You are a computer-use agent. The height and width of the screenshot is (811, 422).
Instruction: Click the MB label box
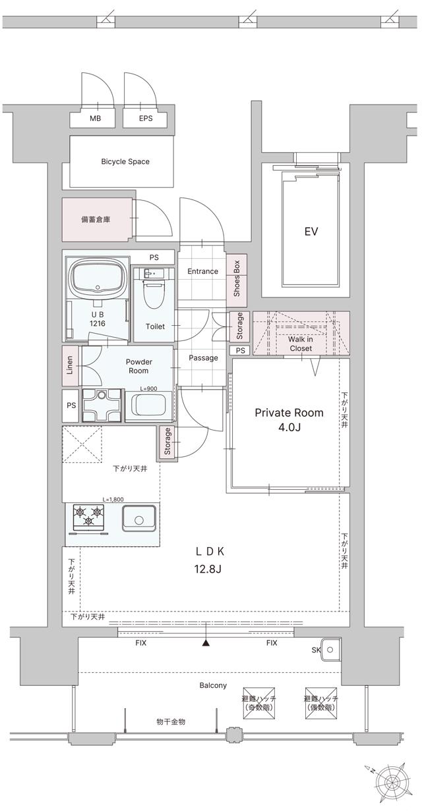coord(96,118)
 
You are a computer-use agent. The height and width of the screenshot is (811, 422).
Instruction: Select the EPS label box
coord(146,118)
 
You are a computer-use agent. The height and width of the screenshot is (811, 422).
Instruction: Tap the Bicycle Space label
coord(125,161)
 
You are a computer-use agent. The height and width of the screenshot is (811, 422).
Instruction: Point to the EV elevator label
coord(311,232)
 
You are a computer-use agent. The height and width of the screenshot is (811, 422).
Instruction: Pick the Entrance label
coord(202,271)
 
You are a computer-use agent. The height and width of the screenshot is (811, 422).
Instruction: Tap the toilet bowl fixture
coord(154,300)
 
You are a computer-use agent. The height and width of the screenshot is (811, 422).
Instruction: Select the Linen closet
coord(70,366)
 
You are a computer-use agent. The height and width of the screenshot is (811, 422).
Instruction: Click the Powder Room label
coord(138,366)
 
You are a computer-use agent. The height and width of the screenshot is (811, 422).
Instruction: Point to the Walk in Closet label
coord(301,344)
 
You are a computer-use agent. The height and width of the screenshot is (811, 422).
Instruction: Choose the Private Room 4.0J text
coord(289,419)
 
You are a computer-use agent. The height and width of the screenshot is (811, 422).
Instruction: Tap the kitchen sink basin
coord(138,519)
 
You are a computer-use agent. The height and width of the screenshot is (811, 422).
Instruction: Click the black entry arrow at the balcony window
coord(206,643)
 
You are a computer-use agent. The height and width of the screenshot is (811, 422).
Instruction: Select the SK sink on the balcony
coord(330,651)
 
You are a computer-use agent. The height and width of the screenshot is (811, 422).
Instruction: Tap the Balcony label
coord(213,685)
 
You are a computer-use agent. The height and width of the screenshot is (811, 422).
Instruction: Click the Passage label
coord(203,358)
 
